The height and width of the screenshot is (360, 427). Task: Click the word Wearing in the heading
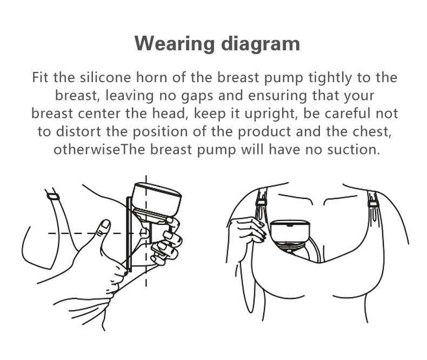(175, 44)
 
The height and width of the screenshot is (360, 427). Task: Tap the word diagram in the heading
(261, 44)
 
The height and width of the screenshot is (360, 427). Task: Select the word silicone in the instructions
(105, 77)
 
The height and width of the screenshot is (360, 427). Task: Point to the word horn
(152, 77)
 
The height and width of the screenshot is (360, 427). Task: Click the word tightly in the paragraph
(330, 78)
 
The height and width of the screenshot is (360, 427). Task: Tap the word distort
(78, 131)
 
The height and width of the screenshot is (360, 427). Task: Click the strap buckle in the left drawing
(53, 196)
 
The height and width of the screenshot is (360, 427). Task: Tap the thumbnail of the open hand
(105, 225)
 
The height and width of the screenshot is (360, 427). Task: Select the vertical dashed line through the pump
(146, 231)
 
